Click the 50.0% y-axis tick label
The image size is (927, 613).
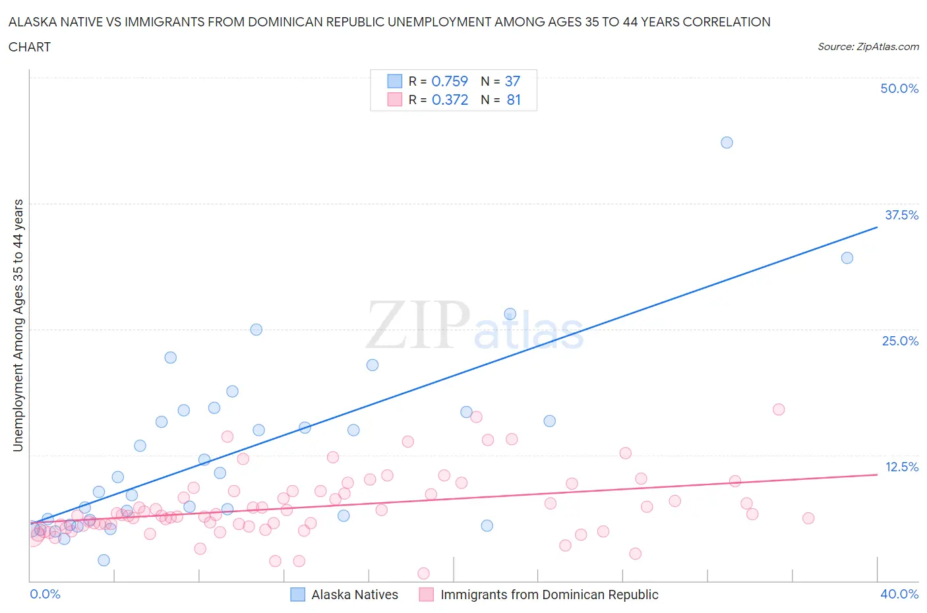[899, 88]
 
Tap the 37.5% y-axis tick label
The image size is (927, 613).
[901, 215]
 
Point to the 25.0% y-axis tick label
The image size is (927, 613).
[900, 341]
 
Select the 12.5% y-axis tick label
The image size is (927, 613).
[901, 467]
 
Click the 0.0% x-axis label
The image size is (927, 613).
[45, 594]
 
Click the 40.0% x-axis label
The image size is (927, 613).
[899, 594]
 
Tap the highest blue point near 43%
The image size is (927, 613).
[727, 142]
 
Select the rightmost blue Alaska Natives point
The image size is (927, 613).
[847, 258]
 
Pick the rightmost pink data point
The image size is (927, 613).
[808, 518]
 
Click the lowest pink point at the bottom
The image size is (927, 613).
[423, 573]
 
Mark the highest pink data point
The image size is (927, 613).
[779, 409]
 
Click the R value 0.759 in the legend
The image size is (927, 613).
[450, 81]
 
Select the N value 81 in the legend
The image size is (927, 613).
[514, 100]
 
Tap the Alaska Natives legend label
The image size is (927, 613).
[355, 595]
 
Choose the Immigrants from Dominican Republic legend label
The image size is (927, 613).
[549, 595]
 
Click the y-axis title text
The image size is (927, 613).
[18, 325]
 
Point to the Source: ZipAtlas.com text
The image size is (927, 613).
[868, 46]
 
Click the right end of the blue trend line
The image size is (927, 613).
[877, 227]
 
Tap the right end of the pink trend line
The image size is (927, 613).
[877, 475]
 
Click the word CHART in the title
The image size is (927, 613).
[30, 47]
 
